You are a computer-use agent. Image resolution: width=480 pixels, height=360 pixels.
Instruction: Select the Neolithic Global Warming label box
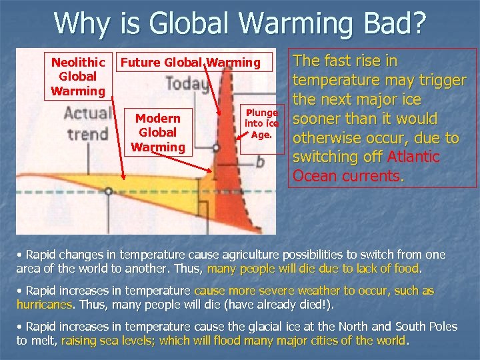pyautogui.click(x=78, y=76)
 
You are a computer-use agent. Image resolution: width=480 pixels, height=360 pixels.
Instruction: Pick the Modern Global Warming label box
pyautogui.click(x=158, y=132)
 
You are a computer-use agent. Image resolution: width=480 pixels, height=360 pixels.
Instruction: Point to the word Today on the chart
pyautogui.click(x=187, y=85)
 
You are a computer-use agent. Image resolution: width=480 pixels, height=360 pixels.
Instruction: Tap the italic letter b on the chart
pyautogui.click(x=260, y=161)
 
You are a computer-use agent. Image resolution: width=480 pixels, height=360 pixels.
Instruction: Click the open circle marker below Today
pyautogui.click(x=216, y=147)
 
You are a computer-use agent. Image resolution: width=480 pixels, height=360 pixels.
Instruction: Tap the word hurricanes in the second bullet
pyautogui.click(x=45, y=305)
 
